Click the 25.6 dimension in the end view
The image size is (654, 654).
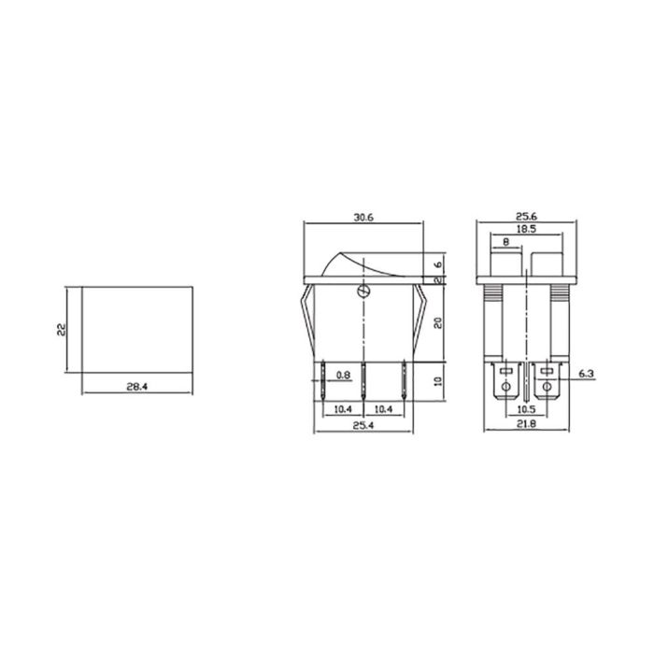point(529,216)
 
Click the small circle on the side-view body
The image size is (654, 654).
point(363,292)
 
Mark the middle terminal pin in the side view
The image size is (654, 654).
point(363,381)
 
